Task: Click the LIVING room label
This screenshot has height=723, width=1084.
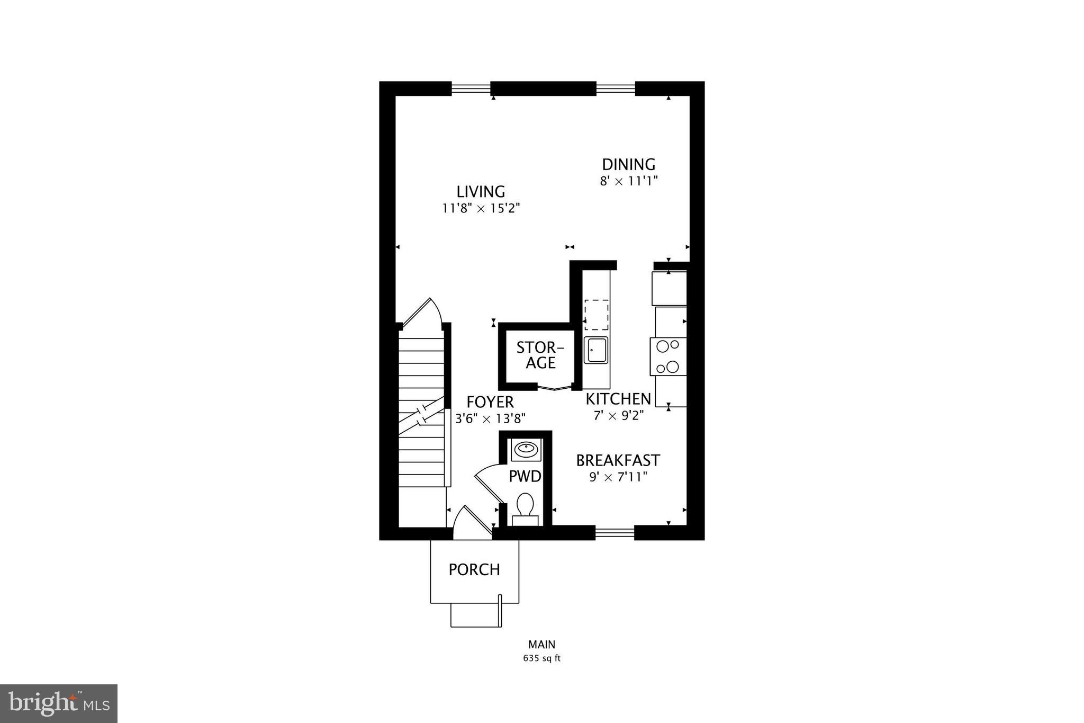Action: pyautogui.click(x=481, y=191)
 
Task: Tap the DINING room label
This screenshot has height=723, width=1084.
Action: pyautogui.click(x=628, y=164)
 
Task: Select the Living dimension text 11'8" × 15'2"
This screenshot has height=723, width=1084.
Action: pyautogui.click(x=481, y=208)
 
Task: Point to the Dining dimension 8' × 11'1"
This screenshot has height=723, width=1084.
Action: pyautogui.click(x=628, y=181)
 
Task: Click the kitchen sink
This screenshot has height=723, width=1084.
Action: pyautogui.click(x=596, y=350)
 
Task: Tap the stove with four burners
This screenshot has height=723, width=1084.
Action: pyautogui.click(x=668, y=356)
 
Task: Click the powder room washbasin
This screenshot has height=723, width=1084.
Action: pyautogui.click(x=526, y=450)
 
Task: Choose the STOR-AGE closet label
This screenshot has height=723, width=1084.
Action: pyautogui.click(x=540, y=355)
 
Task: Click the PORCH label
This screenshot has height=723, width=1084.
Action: pyautogui.click(x=474, y=570)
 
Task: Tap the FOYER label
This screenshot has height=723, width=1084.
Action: pyautogui.click(x=490, y=402)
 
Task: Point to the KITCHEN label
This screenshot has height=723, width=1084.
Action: pyautogui.click(x=618, y=399)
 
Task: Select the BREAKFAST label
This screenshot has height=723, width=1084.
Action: pyautogui.click(x=618, y=460)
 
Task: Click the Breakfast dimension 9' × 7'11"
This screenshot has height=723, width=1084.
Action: pyautogui.click(x=618, y=477)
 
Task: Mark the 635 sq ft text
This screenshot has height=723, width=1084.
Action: pyautogui.click(x=541, y=659)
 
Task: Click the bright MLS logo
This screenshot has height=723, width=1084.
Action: pyautogui.click(x=59, y=703)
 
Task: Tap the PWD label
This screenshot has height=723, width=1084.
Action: pyautogui.click(x=525, y=477)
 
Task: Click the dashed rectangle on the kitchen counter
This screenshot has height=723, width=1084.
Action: pyautogui.click(x=597, y=315)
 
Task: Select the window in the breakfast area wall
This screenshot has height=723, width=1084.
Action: pyautogui.click(x=615, y=532)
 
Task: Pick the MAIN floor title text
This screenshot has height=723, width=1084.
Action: pyautogui.click(x=541, y=645)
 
